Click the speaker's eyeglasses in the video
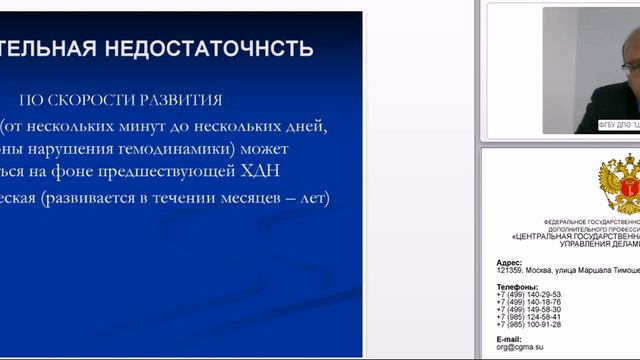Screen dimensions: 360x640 click(627, 69)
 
